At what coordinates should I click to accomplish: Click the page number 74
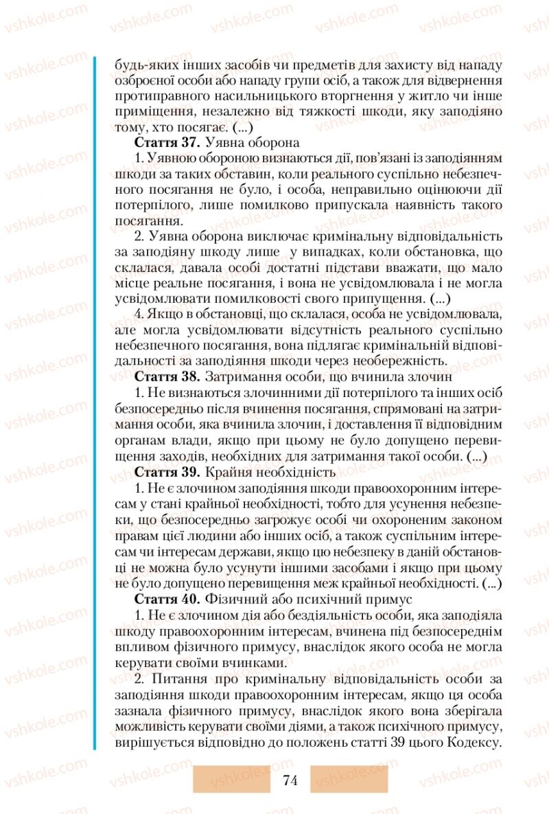click(x=290, y=780)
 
